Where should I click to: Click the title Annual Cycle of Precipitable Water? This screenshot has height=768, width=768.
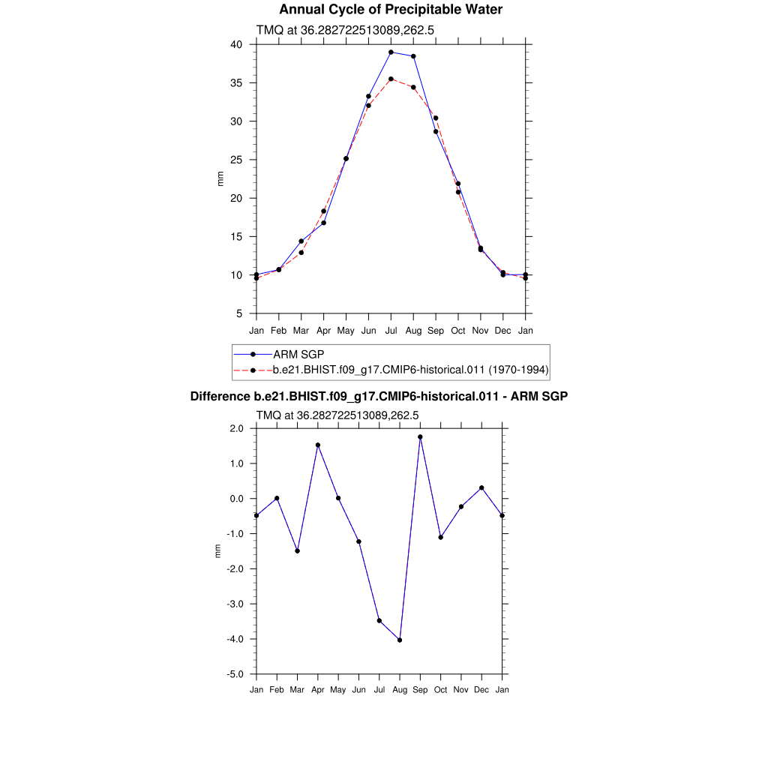[x=391, y=10]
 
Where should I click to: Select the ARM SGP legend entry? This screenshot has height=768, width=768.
[x=298, y=354]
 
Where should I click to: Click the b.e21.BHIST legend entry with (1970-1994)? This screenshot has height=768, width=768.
[x=411, y=370]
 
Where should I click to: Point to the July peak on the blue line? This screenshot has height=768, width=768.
[x=391, y=52]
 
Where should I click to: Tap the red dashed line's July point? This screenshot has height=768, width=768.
[x=391, y=79]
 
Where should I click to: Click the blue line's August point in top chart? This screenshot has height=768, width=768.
[x=413, y=56]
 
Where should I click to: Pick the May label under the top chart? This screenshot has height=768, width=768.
[x=346, y=331]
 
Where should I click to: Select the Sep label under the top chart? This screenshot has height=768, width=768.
[x=436, y=331]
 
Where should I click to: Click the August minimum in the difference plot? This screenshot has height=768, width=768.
[x=400, y=640]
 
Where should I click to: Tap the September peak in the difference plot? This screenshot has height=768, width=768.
[x=420, y=436]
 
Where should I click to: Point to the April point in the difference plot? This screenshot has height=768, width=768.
[x=318, y=445]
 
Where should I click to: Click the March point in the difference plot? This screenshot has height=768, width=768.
[x=298, y=550]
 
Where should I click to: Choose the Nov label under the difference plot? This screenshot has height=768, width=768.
[x=461, y=689]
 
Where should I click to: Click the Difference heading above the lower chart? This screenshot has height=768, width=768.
[x=379, y=396]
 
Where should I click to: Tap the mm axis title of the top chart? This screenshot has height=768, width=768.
[x=220, y=178]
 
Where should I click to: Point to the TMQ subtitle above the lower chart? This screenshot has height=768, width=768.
[x=337, y=415]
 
